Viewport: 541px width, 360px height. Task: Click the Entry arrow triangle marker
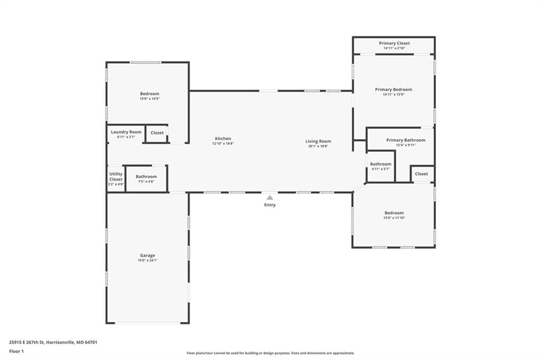270,197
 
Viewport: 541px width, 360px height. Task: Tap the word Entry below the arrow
270,205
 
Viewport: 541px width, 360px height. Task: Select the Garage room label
147,255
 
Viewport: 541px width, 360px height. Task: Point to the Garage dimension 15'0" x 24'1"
147,260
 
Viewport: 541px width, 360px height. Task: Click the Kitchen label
223,139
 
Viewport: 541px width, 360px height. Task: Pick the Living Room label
318,141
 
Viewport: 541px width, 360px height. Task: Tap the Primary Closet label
394,43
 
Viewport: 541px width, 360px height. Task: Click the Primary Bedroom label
394,90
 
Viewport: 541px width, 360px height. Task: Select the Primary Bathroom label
406,140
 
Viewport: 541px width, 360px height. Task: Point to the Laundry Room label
126,132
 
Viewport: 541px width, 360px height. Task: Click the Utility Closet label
116,176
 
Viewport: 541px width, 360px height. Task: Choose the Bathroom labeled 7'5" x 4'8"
146,176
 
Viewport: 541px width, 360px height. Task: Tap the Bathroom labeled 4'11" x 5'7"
381,164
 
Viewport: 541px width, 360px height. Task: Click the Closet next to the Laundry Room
157,133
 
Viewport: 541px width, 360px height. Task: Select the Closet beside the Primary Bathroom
421,174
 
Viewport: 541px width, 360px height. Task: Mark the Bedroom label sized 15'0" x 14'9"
150,94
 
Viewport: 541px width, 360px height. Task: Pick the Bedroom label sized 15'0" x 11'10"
394,213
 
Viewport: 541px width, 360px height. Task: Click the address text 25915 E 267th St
27,343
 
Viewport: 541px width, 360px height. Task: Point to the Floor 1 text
16,352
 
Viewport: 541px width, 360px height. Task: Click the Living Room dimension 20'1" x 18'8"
318,146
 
